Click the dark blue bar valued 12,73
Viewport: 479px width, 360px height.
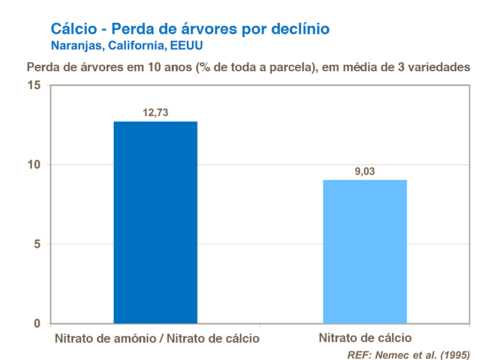pos(155,222)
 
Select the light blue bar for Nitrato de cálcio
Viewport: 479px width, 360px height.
pos(365,252)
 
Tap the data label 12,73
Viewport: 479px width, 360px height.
pos(155,113)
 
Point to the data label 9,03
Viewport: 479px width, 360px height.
pos(365,171)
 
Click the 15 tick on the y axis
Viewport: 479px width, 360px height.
pos(34,86)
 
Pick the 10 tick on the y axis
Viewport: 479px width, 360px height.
pos(34,165)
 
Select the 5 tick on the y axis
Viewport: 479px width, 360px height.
pos(37,244)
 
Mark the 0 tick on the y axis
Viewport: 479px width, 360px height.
pos(37,324)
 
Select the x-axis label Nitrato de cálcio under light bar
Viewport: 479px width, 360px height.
pos(365,338)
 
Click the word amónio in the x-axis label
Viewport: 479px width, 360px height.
pos(134,338)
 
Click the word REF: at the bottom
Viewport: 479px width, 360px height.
pos(360,355)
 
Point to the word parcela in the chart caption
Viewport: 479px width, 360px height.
pos(294,67)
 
